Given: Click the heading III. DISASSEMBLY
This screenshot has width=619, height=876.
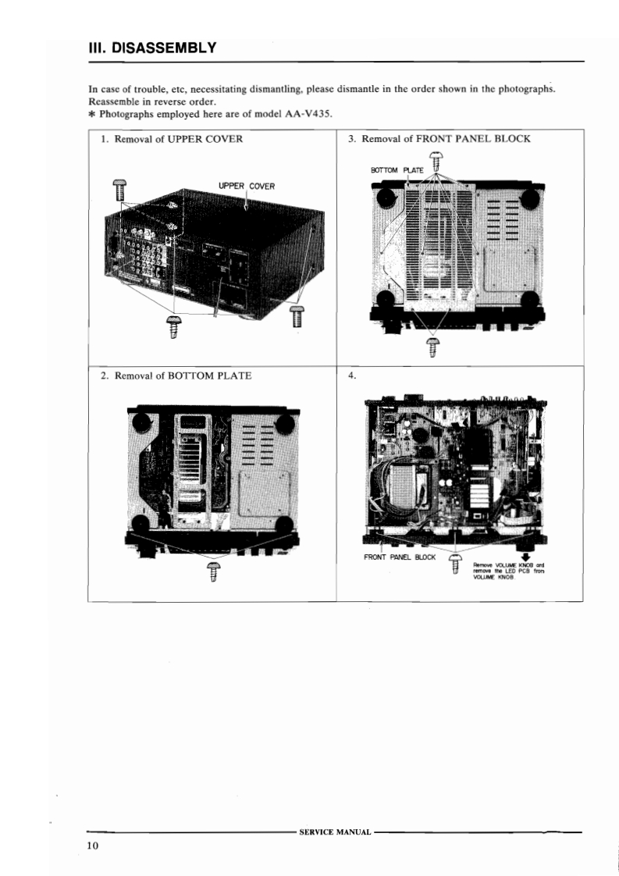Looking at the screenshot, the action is coord(152,48).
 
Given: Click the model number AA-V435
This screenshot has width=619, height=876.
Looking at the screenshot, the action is coord(308,114).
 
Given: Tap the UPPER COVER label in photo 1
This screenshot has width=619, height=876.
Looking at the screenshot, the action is coord(247,186).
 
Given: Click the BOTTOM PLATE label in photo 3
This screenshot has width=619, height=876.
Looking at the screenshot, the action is coord(397,170).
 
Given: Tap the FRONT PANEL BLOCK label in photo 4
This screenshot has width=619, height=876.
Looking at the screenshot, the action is coord(400,557).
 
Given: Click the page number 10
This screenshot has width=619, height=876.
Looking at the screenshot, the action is coord(92,846).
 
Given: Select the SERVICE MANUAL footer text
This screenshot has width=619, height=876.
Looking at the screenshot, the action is coord(335,831).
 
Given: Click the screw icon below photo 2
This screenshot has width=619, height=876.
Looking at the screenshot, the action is coord(214,572).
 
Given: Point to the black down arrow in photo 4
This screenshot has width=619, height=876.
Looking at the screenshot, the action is coord(525,557).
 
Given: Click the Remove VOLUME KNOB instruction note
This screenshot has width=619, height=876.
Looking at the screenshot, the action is coord(508,571).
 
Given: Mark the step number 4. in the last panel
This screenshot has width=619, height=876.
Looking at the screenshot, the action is coord(352,376).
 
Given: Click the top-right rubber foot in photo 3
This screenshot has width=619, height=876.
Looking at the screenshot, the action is coord(530,198).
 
